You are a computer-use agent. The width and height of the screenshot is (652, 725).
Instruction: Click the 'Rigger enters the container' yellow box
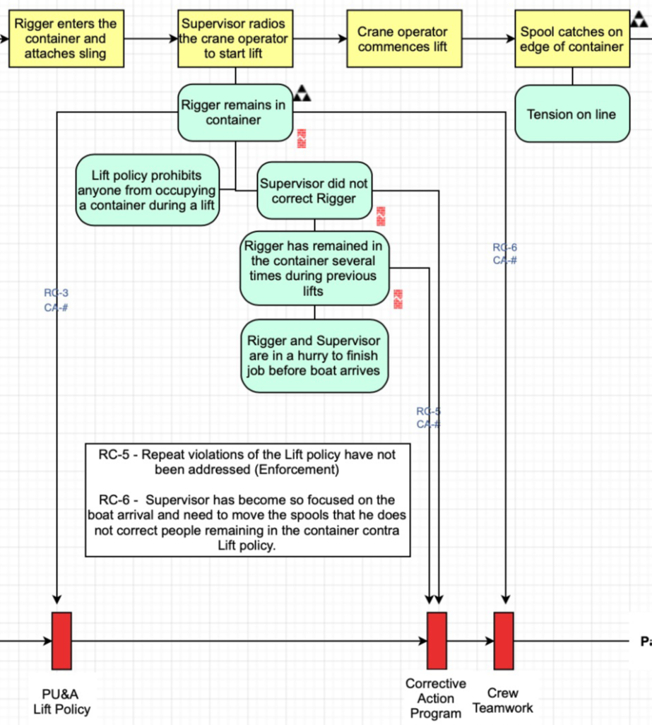click(65, 39)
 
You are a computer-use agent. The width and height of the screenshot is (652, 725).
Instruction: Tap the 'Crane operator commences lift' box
click(403, 39)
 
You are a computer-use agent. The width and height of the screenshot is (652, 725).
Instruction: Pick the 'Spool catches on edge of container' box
click(571, 39)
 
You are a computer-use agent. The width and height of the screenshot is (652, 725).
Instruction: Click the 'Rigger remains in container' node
click(234, 112)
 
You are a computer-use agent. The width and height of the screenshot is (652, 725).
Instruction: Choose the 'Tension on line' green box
click(571, 114)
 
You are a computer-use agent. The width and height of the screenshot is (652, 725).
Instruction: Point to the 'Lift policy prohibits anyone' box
click(146, 191)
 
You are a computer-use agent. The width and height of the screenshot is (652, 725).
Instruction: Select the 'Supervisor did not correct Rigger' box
click(314, 191)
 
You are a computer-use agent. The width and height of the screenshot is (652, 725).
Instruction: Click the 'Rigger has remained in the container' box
click(314, 269)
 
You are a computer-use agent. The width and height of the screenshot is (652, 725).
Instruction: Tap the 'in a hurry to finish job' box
click(314, 356)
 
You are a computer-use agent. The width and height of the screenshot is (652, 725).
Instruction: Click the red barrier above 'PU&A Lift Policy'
click(61, 640)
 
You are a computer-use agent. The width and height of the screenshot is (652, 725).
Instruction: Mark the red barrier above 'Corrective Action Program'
click(437, 640)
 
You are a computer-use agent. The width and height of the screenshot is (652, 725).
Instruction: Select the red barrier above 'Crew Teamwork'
click(503, 640)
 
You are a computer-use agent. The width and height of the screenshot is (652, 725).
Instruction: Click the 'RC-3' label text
click(56, 293)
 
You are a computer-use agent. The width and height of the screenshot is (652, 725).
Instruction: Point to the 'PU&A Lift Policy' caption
click(61, 702)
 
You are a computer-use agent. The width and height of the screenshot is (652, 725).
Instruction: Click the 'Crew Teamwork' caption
click(502, 700)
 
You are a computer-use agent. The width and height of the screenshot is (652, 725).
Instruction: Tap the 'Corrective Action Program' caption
click(436, 699)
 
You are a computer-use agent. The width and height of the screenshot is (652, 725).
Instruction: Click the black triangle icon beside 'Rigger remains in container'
click(302, 93)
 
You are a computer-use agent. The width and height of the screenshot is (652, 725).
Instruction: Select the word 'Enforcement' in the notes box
click(304, 469)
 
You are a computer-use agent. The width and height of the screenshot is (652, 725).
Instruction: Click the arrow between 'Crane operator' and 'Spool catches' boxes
click(486, 39)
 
